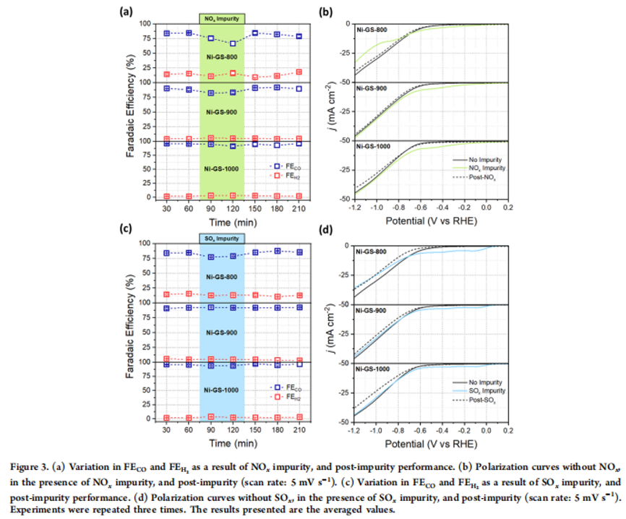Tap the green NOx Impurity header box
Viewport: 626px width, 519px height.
click(222, 18)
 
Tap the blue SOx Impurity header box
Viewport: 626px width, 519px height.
click(222, 238)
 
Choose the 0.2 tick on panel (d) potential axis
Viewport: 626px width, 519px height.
click(507, 429)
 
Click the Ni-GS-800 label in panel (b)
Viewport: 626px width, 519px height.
click(371, 30)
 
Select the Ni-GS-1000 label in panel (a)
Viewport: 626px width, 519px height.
click(221, 169)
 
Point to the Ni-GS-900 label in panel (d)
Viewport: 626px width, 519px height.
click(371, 310)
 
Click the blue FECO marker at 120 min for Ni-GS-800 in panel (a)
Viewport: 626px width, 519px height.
click(233, 43)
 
